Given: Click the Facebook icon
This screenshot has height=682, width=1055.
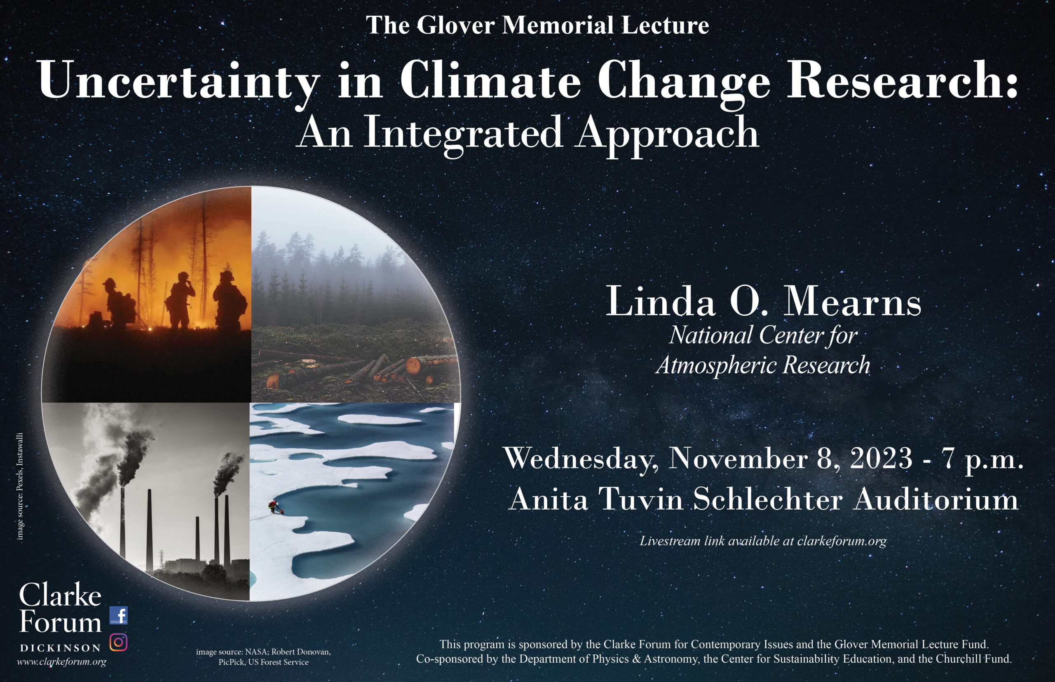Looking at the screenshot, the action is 119,616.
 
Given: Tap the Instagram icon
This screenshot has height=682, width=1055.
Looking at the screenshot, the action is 118,642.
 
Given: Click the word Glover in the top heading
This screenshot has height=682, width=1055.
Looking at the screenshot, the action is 455,25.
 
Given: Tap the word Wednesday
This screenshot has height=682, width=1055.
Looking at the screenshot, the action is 580,459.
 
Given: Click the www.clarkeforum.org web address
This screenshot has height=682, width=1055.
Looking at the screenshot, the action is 61,662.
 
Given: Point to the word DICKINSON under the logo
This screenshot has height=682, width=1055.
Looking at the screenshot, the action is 61,648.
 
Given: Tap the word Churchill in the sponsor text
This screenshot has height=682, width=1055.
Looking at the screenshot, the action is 956,659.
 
